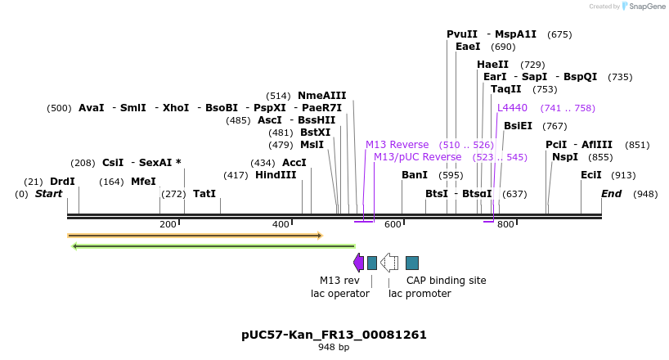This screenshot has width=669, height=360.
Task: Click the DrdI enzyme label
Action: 62,182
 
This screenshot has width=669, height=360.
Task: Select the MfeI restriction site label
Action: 143,182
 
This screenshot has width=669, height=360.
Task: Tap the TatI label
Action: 204,194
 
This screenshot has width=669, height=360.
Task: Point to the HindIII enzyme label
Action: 276,175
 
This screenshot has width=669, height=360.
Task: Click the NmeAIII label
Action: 321,96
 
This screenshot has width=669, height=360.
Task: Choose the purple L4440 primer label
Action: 513,108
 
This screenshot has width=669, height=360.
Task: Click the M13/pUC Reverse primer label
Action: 417,157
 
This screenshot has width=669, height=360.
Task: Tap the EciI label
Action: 590,175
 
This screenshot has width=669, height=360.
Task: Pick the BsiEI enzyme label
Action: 518,126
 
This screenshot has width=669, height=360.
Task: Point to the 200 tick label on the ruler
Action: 168,224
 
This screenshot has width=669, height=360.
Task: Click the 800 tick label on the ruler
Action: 505,224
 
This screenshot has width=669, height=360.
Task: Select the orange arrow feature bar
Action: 195,236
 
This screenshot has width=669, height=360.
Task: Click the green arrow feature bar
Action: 213,245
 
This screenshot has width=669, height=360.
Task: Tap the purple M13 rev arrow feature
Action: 358,263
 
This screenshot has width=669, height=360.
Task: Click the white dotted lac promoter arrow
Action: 389,263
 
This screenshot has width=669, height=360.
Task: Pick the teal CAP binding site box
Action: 412,263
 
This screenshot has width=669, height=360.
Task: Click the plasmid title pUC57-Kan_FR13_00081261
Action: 334,335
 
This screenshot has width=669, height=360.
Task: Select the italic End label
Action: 611,194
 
